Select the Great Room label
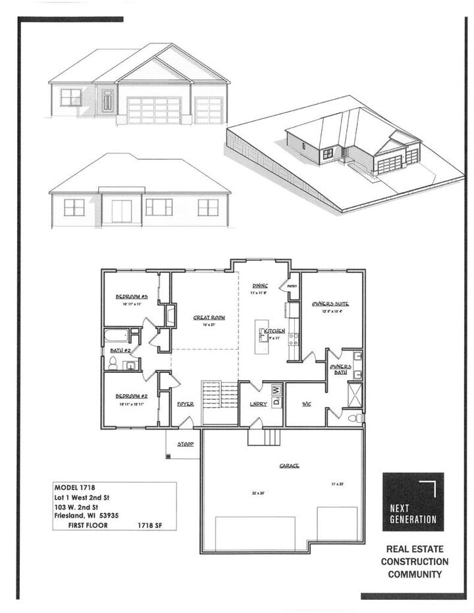[x=209, y=318]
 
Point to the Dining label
[x=259, y=286]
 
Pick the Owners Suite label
[x=330, y=303]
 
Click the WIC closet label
[x=306, y=404]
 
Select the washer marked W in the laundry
[x=277, y=389]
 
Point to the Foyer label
[x=186, y=404]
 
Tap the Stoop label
[x=186, y=445]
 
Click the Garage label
[x=289, y=466]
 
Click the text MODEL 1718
[x=75, y=489]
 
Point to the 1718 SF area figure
[x=150, y=526]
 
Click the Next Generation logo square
[x=413, y=502]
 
